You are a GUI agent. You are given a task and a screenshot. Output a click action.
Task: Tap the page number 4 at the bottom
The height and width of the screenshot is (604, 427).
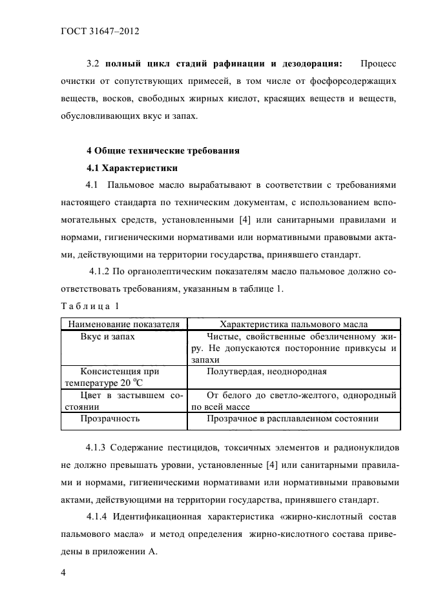click(x=63, y=573)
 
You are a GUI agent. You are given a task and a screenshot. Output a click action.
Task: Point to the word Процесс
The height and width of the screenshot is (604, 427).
click(x=379, y=65)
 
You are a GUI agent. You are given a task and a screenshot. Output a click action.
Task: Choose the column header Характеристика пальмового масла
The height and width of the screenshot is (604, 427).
click(x=294, y=324)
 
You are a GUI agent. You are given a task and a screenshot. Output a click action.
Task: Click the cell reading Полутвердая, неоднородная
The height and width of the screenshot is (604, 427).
click(x=267, y=371)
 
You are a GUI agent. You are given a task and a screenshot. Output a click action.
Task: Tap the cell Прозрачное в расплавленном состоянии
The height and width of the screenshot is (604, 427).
click(x=293, y=418)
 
